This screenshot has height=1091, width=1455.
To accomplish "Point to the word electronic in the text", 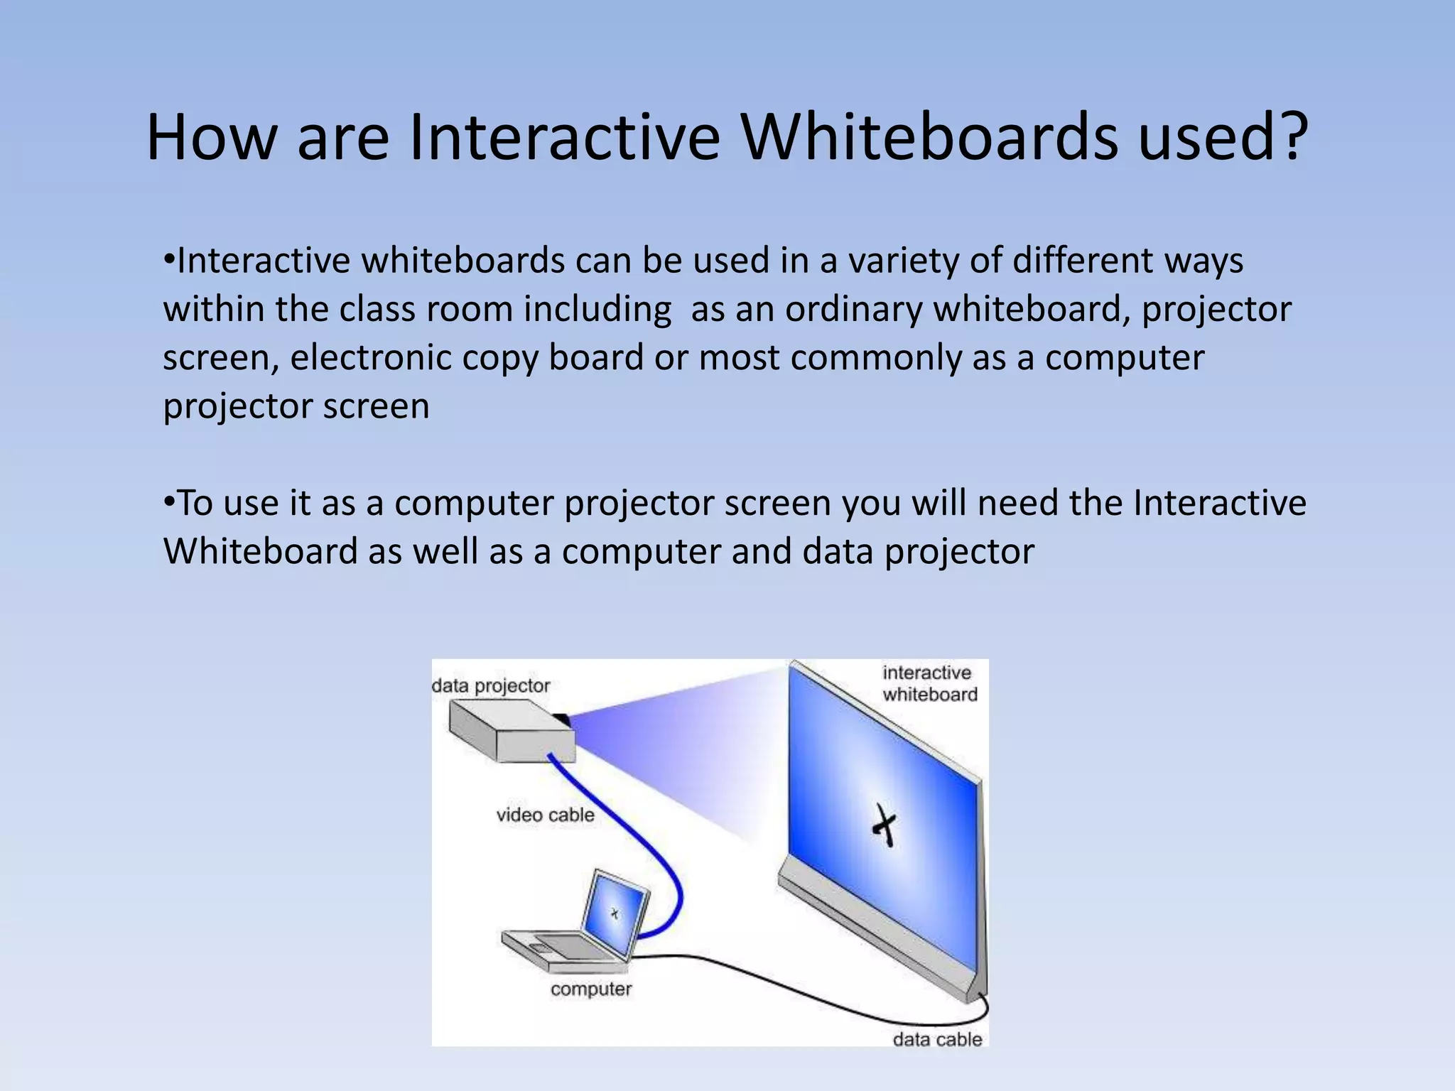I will tap(370, 357).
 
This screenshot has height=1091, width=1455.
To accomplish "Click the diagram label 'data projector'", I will tap(491, 685).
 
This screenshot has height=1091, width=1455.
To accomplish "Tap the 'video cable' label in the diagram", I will tap(545, 815).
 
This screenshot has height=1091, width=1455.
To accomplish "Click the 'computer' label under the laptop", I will tap(590, 989).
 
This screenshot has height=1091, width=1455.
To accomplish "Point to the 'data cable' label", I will tap(937, 1039).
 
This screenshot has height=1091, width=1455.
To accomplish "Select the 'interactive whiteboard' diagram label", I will tap(929, 683).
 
